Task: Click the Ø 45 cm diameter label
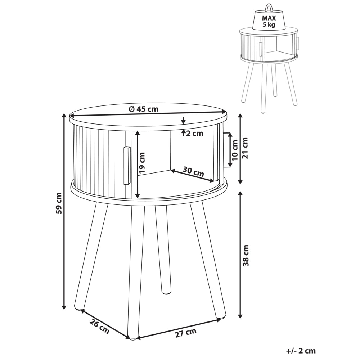point(144,109)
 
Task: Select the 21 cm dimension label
point(246,148)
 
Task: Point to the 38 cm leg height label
point(246,256)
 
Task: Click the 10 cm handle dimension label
point(235,150)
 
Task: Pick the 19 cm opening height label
point(142,163)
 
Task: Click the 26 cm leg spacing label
point(99,326)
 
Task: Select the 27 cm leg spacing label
point(186,333)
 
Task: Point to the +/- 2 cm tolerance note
point(301,351)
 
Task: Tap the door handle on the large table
point(126,165)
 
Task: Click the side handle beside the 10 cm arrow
point(227,150)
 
